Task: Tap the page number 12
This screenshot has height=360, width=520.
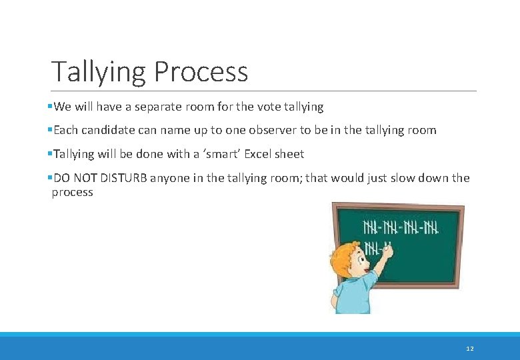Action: tap(470, 348)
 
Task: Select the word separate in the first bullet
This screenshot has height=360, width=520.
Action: tap(159, 107)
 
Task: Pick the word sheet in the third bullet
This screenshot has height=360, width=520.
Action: tap(290, 154)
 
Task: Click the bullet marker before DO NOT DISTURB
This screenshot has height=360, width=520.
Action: tap(50, 178)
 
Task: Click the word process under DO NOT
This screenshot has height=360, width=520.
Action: tap(72, 193)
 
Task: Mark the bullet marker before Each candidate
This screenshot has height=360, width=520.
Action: tap(50, 131)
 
